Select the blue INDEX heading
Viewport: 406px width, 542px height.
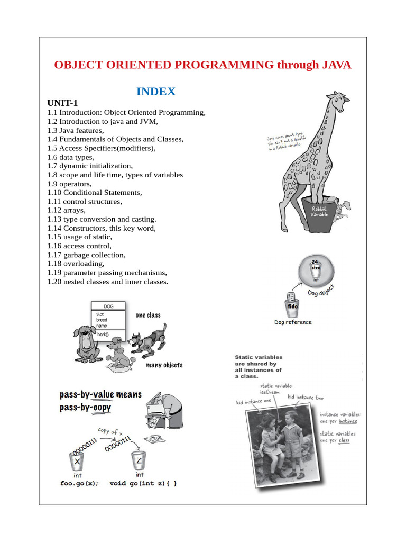pos(156,92)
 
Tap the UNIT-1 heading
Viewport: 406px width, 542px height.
pos(62,103)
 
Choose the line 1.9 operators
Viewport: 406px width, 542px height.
pos(69,184)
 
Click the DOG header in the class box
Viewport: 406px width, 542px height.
pos(108,306)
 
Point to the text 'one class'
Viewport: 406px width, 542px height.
pos(148,315)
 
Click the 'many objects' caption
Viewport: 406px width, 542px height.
pos(164,365)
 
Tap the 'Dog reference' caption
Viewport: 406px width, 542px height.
pos(293,322)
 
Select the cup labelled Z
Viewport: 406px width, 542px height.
pos(139,461)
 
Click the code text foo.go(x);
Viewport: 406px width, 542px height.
pos(79,483)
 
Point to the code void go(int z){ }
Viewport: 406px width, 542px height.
pos(143,483)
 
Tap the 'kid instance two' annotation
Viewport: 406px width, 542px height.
pos(306,397)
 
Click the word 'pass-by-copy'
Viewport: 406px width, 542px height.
pos(85,408)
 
